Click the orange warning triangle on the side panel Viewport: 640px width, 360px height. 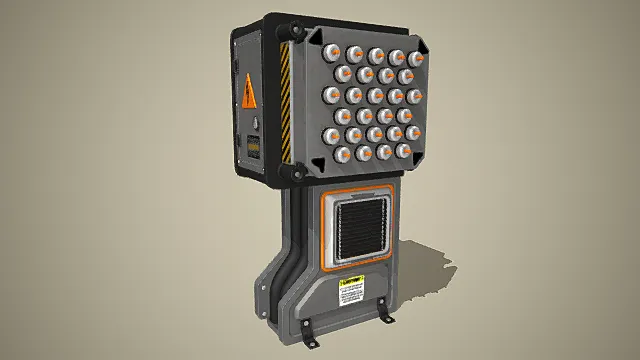click(248, 94)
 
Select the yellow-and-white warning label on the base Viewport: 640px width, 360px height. click(351, 293)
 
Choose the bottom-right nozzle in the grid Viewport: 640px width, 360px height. click(404, 151)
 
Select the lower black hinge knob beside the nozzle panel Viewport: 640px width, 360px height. click(296, 174)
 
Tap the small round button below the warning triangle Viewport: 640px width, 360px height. click(255, 124)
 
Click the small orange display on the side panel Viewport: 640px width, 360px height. click(252, 145)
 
